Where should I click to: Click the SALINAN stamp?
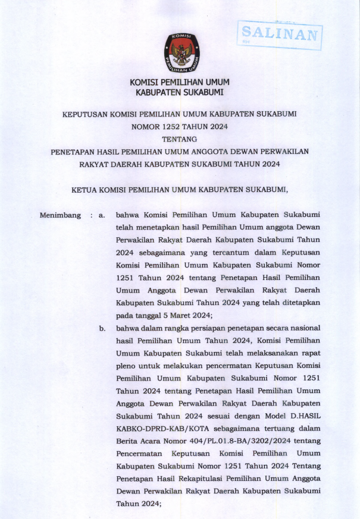[280, 34]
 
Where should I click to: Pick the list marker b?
[103, 328]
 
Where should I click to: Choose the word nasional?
[300, 328]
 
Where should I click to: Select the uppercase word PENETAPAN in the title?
[71, 152]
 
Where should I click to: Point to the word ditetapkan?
[299, 303]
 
